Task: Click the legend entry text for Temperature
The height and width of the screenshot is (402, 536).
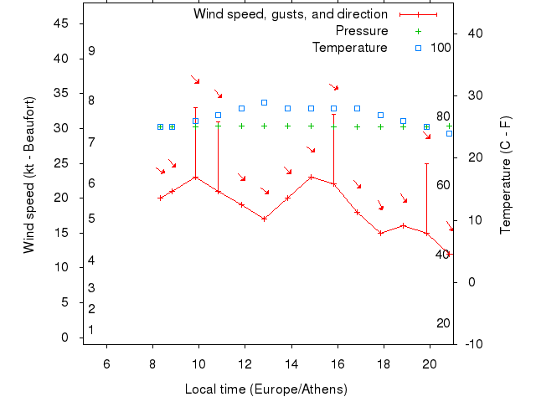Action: [349, 47]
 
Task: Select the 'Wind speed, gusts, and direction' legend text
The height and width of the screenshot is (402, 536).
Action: [290, 14]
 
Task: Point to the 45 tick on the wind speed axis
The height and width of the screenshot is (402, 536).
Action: [61, 23]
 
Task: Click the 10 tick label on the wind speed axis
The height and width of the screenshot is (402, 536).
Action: [61, 267]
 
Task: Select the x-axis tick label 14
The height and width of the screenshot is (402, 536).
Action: [291, 363]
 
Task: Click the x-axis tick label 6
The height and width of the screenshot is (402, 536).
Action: [106, 363]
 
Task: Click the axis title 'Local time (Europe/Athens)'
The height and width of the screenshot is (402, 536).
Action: [265, 389]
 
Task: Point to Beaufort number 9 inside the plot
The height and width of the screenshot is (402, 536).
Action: [91, 51]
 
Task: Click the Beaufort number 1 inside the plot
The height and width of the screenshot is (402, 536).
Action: [90, 330]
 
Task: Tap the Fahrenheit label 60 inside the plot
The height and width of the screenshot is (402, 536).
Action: [443, 185]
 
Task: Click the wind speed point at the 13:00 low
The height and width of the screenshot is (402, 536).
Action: [264, 219]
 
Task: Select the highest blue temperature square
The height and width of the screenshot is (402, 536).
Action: [264, 102]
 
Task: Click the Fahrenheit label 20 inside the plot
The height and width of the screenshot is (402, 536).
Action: [443, 323]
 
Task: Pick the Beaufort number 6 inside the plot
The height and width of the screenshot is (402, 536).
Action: [91, 183]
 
